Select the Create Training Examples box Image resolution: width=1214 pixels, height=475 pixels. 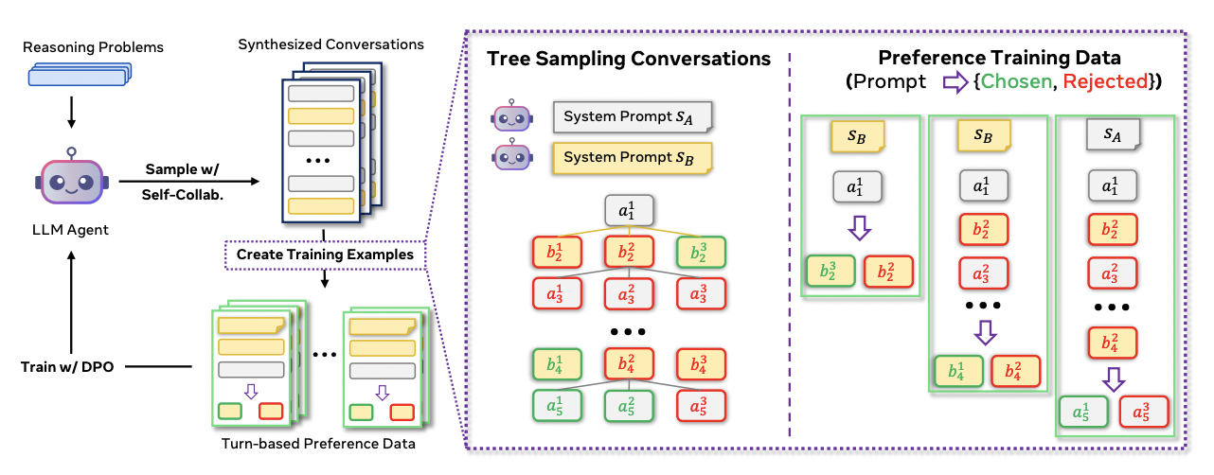point(324,255)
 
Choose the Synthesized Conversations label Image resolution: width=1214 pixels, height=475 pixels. point(330,44)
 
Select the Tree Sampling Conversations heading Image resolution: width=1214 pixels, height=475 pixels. point(629,59)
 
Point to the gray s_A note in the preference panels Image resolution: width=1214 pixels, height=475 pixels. point(1115,136)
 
